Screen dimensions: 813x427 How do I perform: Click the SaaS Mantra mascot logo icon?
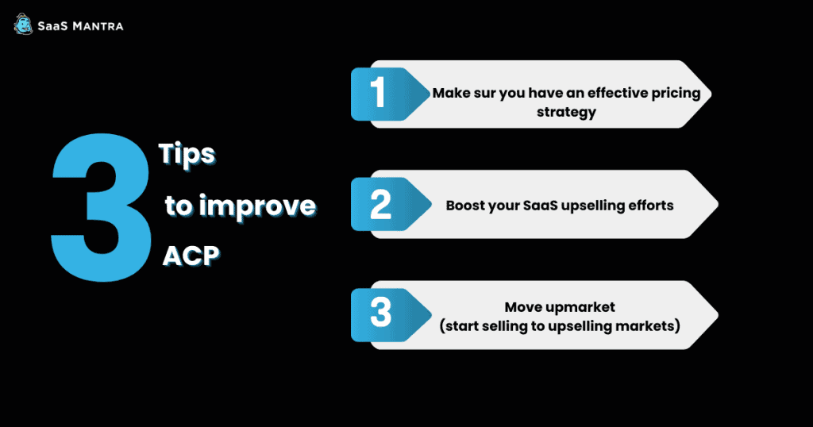click(x=23, y=25)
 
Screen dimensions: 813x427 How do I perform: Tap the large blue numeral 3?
click(x=101, y=208)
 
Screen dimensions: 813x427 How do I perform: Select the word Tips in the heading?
click(x=187, y=154)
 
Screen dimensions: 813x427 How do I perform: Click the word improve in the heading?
click(x=258, y=207)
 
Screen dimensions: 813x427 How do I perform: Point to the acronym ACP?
click(x=191, y=256)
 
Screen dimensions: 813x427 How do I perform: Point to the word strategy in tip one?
click(x=566, y=113)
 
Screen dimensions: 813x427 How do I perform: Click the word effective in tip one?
click(x=611, y=93)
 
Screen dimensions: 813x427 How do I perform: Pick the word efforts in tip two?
click(x=651, y=206)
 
